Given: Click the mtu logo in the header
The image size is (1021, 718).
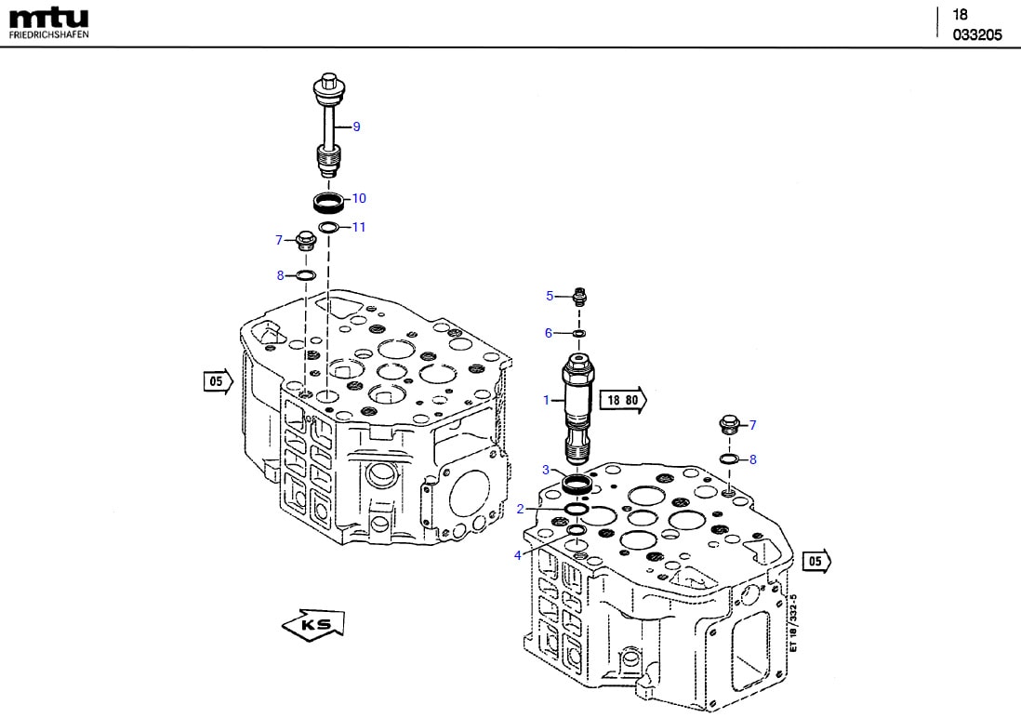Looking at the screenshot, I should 48,18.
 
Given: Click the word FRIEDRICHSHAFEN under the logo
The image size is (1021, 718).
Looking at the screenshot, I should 48,34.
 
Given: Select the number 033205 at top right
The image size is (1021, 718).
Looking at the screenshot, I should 976,35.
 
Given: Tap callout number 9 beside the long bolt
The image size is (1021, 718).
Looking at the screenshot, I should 356,126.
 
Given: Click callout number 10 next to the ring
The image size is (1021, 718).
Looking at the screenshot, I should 359,198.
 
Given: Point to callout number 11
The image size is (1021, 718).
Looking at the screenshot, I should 359,227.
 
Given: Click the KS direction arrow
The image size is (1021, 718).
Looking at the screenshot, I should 313,624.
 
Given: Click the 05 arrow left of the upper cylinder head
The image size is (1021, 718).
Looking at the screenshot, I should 217,380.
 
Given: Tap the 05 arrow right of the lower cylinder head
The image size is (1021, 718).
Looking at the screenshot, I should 816,561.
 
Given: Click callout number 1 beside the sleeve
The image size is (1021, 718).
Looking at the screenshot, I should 547,400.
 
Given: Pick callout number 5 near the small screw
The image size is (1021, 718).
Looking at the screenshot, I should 550,296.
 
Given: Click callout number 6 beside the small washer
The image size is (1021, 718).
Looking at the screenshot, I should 549,333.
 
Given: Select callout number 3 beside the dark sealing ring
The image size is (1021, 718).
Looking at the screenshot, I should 547,470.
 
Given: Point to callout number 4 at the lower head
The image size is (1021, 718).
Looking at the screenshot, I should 517,555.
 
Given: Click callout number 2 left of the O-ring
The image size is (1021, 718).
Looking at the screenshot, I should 521,509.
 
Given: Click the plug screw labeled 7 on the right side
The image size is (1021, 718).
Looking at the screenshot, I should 728,426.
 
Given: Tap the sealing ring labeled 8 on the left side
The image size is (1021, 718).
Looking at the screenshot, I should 306,275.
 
